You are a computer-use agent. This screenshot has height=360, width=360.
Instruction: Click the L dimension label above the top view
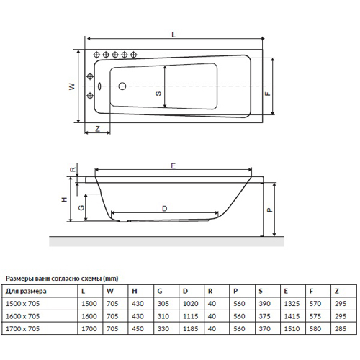tap(174, 35)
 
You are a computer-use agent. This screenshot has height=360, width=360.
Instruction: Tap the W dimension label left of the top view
tap(72, 86)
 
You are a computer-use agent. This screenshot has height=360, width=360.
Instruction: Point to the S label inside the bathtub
tap(158, 94)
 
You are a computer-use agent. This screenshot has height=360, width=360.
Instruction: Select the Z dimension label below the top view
tap(97, 129)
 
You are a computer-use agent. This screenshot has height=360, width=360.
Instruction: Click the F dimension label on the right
tap(268, 94)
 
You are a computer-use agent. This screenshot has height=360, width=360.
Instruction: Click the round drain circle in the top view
tap(122, 86)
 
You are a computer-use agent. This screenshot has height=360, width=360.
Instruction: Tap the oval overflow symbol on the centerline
tap(99, 86)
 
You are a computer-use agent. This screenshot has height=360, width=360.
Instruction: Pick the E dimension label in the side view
tap(174, 166)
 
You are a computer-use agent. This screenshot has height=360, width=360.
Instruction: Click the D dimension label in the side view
tap(164, 209)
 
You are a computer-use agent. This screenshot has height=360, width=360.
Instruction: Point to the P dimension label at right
tap(270, 210)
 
